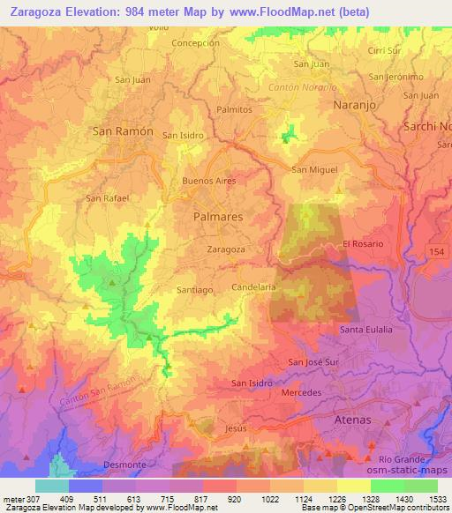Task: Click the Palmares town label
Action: [x=218, y=215]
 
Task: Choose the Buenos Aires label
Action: [x=208, y=181]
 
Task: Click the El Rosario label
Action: [x=359, y=244]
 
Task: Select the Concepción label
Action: [x=195, y=42]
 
